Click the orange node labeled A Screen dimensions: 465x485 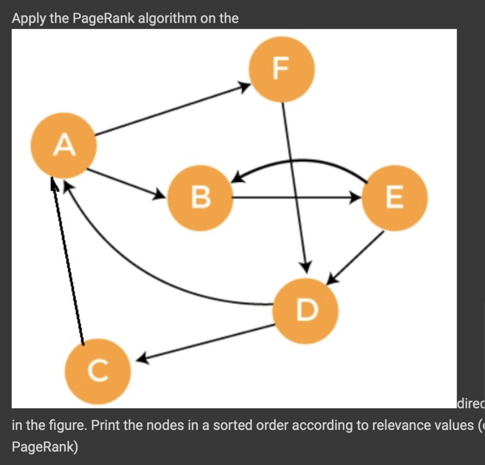point(64,145)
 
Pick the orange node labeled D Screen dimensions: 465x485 point(306,310)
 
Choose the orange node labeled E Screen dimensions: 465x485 point(395,198)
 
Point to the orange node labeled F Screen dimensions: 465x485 point(282,69)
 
